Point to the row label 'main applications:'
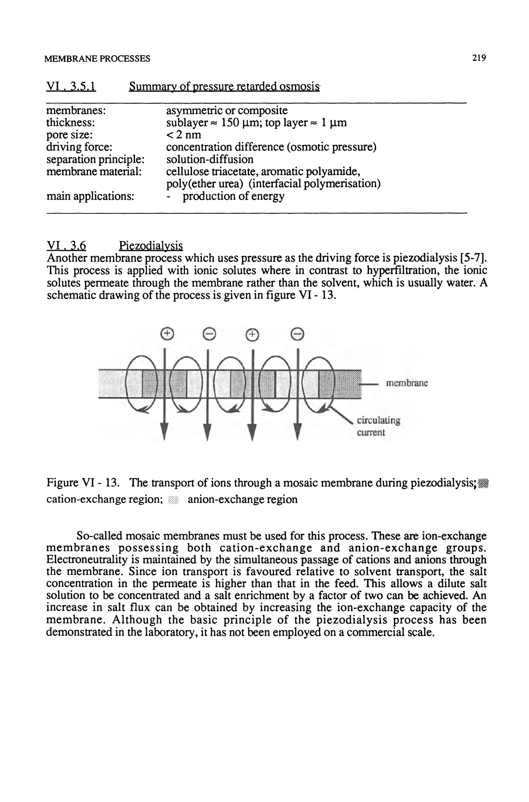(x=90, y=196)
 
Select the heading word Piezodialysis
(x=151, y=246)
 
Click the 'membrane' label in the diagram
(x=406, y=383)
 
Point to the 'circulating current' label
(x=378, y=426)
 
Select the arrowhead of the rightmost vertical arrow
(x=297, y=430)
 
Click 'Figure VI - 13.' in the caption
(x=82, y=483)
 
